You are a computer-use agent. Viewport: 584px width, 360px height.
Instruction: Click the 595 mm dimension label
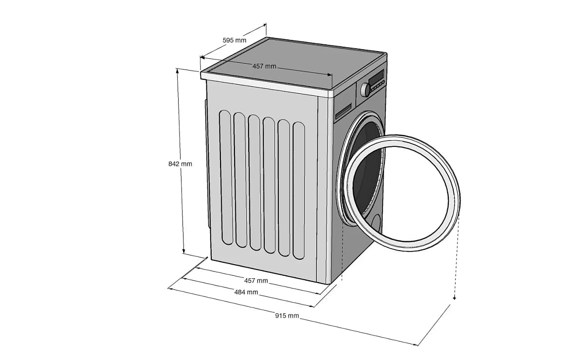click(x=235, y=40)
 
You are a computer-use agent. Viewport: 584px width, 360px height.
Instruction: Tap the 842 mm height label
click(x=180, y=164)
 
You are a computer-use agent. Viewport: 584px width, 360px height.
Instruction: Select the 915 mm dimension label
click(x=287, y=316)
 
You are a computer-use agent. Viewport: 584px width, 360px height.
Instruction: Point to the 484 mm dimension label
click(x=246, y=292)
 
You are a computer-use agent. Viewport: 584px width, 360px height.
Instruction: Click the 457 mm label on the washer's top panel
click(x=264, y=66)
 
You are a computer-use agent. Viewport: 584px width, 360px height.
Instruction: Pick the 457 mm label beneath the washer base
click(x=256, y=281)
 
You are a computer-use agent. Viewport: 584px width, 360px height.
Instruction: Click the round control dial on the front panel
click(x=365, y=90)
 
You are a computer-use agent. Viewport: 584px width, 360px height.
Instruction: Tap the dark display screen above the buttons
click(x=376, y=77)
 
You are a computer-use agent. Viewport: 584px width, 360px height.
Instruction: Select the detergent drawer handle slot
click(x=344, y=110)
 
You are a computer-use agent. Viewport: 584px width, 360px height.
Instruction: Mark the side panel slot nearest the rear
click(x=225, y=178)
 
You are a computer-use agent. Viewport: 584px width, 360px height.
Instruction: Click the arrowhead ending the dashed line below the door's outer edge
click(x=454, y=298)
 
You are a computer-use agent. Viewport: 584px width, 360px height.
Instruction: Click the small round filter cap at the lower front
click(x=376, y=223)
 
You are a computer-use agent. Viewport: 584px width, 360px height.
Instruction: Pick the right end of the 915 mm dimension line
click(x=418, y=345)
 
